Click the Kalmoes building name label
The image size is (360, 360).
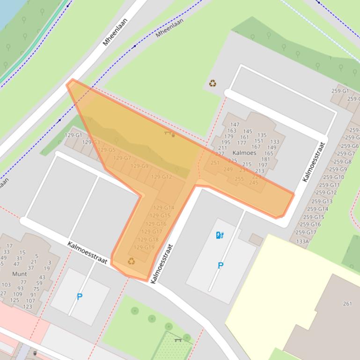click(x=244, y=153)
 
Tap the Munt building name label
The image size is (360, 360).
click(x=20, y=274)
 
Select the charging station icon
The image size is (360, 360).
click(x=220, y=235)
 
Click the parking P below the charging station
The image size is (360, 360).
click(x=220, y=266)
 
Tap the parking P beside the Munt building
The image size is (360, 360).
click(x=80, y=296)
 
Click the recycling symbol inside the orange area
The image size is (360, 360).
click(x=131, y=261)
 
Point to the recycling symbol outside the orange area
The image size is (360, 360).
click(x=213, y=84)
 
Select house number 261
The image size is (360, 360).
click(x=347, y=303)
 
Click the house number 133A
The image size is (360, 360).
click(x=302, y=241)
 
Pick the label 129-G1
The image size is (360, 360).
click(x=73, y=135)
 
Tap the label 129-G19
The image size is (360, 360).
click(x=144, y=247)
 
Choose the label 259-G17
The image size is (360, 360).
click(x=306, y=232)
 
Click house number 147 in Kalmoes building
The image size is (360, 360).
click(x=235, y=125)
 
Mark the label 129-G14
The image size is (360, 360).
click(x=163, y=208)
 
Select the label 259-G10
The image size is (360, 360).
click(x=333, y=177)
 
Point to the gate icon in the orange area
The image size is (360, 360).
click(x=169, y=134)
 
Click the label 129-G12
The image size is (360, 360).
click(x=162, y=177)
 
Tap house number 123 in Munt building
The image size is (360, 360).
click(x=28, y=307)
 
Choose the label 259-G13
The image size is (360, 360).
click(x=322, y=202)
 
